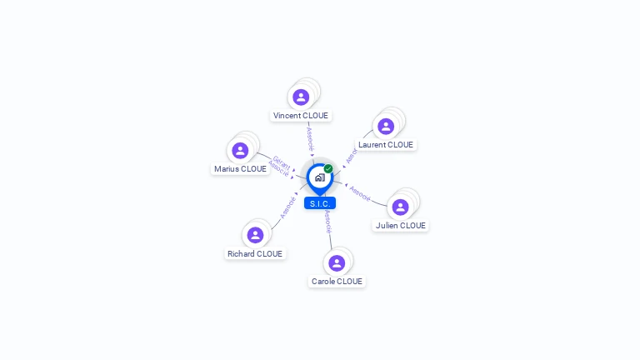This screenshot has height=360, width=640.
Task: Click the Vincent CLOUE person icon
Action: click(x=301, y=97)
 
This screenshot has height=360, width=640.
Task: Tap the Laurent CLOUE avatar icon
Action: click(x=385, y=127)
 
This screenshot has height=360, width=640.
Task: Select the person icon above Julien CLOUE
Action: click(x=400, y=207)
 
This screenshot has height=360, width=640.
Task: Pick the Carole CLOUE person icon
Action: click(x=337, y=263)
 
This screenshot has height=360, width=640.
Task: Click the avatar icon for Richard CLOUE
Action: click(x=255, y=236)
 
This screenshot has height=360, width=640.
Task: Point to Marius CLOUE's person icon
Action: click(x=240, y=151)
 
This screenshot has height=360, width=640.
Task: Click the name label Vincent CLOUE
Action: click(x=301, y=116)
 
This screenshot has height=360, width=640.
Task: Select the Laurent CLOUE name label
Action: click(x=386, y=145)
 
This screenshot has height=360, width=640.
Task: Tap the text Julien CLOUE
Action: click(x=401, y=226)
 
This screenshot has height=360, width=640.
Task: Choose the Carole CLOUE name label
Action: click(x=337, y=282)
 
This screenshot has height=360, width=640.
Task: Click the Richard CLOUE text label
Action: click(x=255, y=254)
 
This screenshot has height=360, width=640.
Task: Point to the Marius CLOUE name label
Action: click(x=240, y=169)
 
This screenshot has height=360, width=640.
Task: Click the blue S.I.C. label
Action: click(x=320, y=203)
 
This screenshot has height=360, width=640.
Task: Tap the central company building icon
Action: click(x=319, y=177)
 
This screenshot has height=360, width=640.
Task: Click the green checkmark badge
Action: click(x=328, y=168)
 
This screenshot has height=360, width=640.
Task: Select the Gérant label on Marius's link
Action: click(x=282, y=162)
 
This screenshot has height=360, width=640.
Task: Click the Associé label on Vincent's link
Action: click(x=310, y=136)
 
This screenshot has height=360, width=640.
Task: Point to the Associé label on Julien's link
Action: click(x=360, y=193)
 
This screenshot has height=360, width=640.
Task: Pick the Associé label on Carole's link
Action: click(x=328, y=221)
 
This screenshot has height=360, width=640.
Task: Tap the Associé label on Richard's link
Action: click(x=287, y=207)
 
